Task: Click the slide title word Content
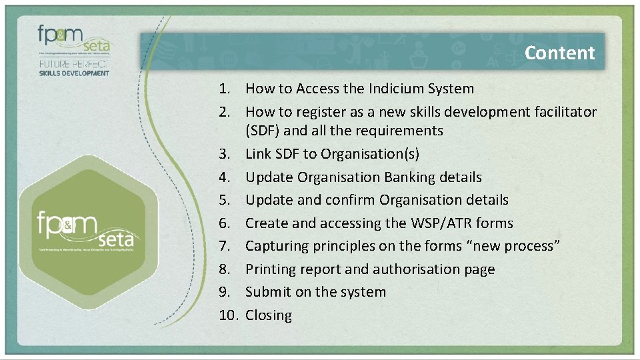pyautogui.click(x=559, y=53)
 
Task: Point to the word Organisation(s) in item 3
pyautogui.click(x=369, y=154)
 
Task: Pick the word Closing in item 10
pyautogui.click(x=269, y=315)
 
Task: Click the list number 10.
pyautogui.click(x=228, y=315)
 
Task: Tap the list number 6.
pyautogui.click(x=226, y=223)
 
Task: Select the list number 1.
pyautogui.click(x=226, y=89)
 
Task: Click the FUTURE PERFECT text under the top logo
pyautogui.click(x=73, y=64)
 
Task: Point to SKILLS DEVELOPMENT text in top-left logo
pyautogui.click(x=73, y=73)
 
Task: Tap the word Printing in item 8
pyautogui.click(x=271, y=269)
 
